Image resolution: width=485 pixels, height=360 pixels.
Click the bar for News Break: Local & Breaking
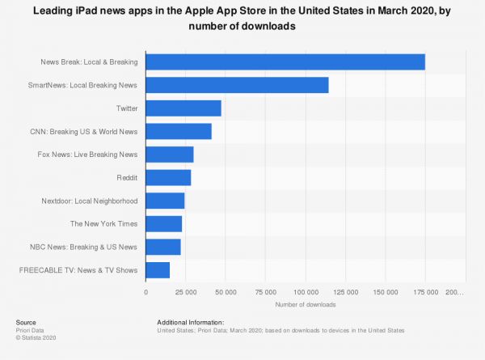[285, 62]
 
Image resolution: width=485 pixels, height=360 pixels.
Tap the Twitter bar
[183, 108]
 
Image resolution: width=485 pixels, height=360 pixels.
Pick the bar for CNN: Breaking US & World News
[179, 131]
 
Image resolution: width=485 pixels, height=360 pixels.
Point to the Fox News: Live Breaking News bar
[170, 155]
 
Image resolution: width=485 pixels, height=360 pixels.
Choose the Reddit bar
[168, 177]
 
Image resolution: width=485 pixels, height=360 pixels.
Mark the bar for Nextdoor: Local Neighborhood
[165, 201]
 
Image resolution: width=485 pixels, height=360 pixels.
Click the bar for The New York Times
[164, 223]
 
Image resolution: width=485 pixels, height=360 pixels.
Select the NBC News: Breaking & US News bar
[163, 247]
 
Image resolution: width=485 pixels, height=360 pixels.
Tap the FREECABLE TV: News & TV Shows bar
[158, 269]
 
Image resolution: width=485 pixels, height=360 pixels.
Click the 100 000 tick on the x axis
[306, 291]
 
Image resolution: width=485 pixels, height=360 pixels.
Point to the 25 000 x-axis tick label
[186, 291]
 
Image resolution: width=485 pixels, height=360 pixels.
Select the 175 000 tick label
[425, 291]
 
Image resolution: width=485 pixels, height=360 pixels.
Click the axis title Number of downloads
[306, 304]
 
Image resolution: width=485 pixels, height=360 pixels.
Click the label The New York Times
[104, 223]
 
